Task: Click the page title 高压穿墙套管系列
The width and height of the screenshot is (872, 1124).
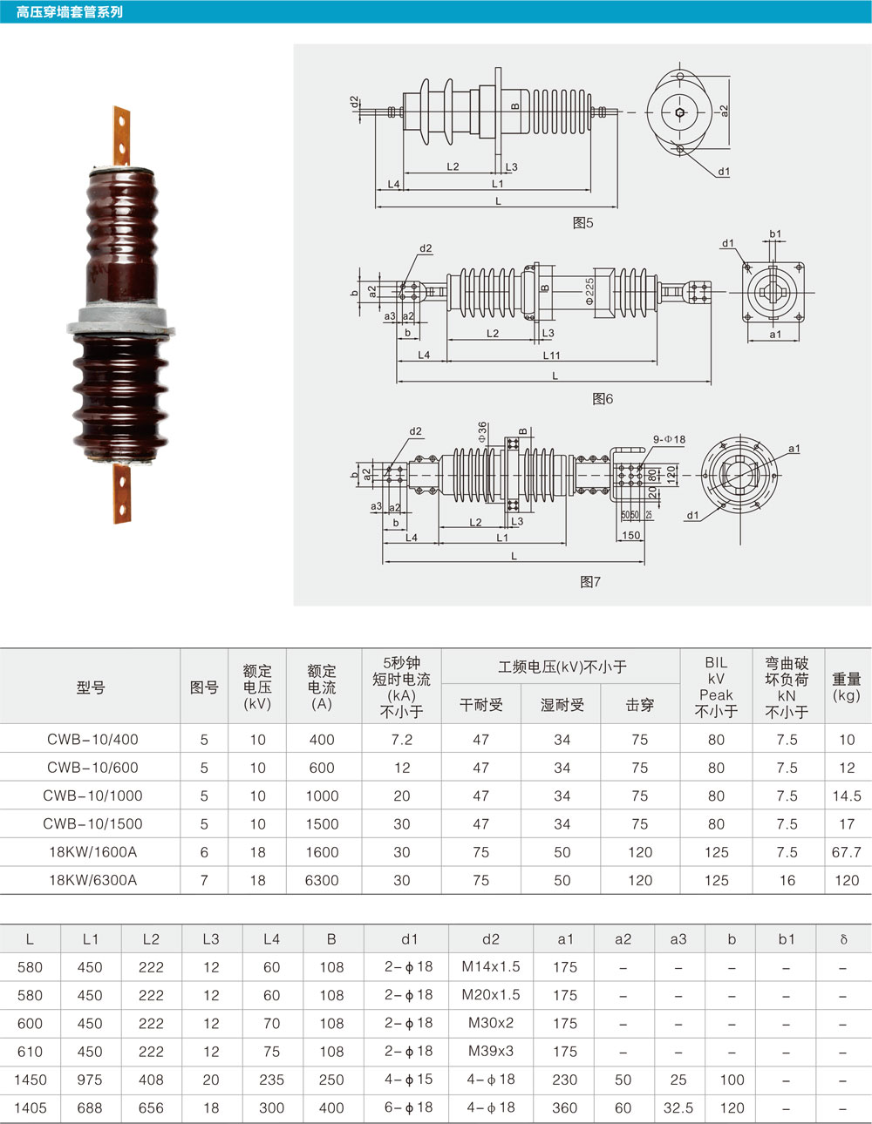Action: pyautogui.click(x=70, y=11)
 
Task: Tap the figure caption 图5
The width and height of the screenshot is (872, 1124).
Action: pyautogui.click(x=582, y=223)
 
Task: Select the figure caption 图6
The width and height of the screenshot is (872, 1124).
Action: pyautogui.click(x=603, y=399)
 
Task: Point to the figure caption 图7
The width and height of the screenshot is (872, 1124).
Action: pyautogui.click(x=590, y=582)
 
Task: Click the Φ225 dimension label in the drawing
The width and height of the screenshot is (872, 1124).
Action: pyautogui.click(x=589, y=291)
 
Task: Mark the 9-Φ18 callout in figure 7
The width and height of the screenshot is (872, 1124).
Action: pyautogui.click(x=669, y=440)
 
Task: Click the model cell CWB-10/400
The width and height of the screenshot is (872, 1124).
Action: pyautogui.click(x=92, y=740)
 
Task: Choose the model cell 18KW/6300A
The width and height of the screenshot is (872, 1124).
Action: pyautogui.click(x=92, y=880)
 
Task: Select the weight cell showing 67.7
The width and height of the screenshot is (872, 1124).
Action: pyautogui.click(x=846, y=852)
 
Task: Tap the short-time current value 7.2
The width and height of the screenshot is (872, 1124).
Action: pyautogui.click(x=402, y=740)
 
